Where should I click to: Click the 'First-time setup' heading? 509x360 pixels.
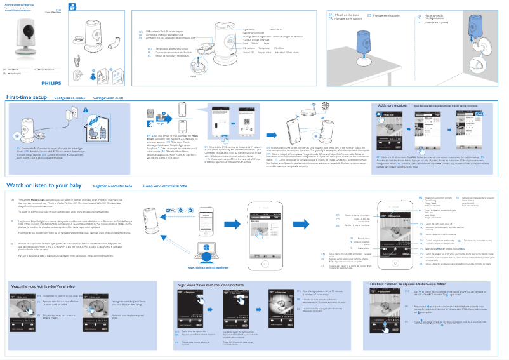[26, 98]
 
